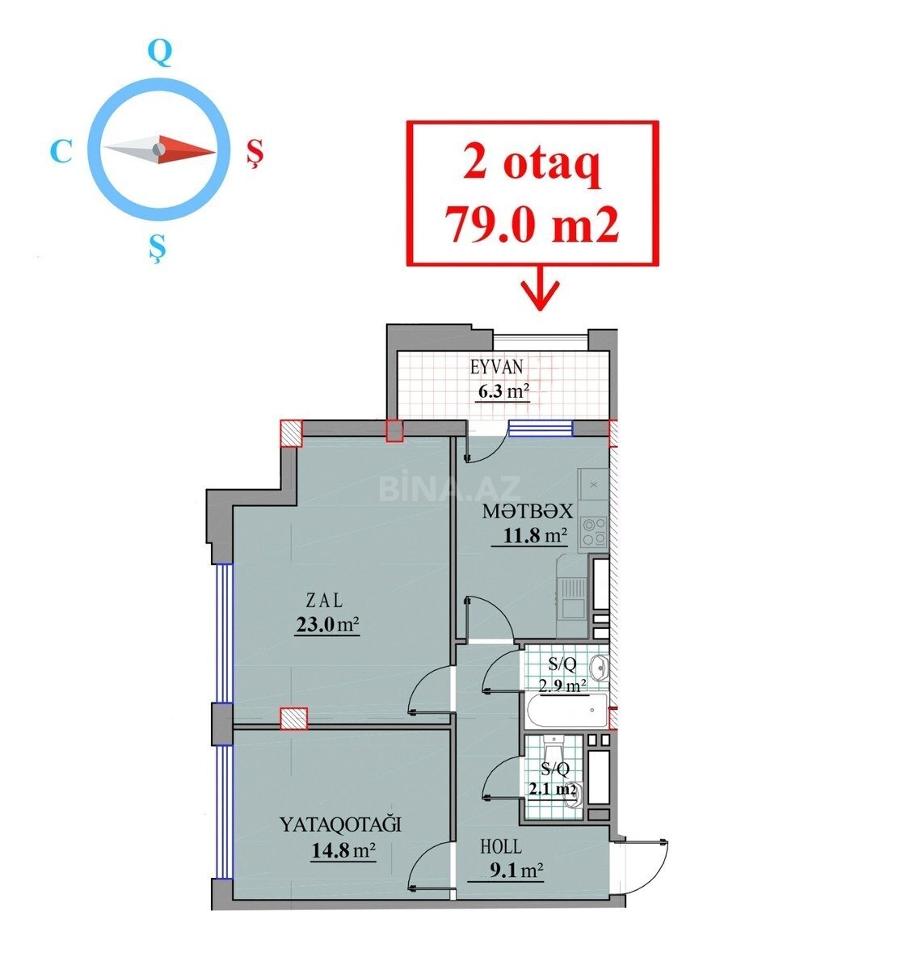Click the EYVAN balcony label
coord(496,367)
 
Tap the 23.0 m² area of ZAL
coord(327,625)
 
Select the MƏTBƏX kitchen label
coord(528,512)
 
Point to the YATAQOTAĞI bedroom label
coord(340,825)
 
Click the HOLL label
coord(501,846)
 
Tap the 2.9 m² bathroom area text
coord(562,686)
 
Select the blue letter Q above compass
coord(160,53)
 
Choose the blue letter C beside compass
coord(61,151)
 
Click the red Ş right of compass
coord(254,153)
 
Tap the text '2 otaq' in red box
coord(532,166)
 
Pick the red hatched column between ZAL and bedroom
coord(293,719)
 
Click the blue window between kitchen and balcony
coord(540,429)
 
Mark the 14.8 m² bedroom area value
coord(343,850)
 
